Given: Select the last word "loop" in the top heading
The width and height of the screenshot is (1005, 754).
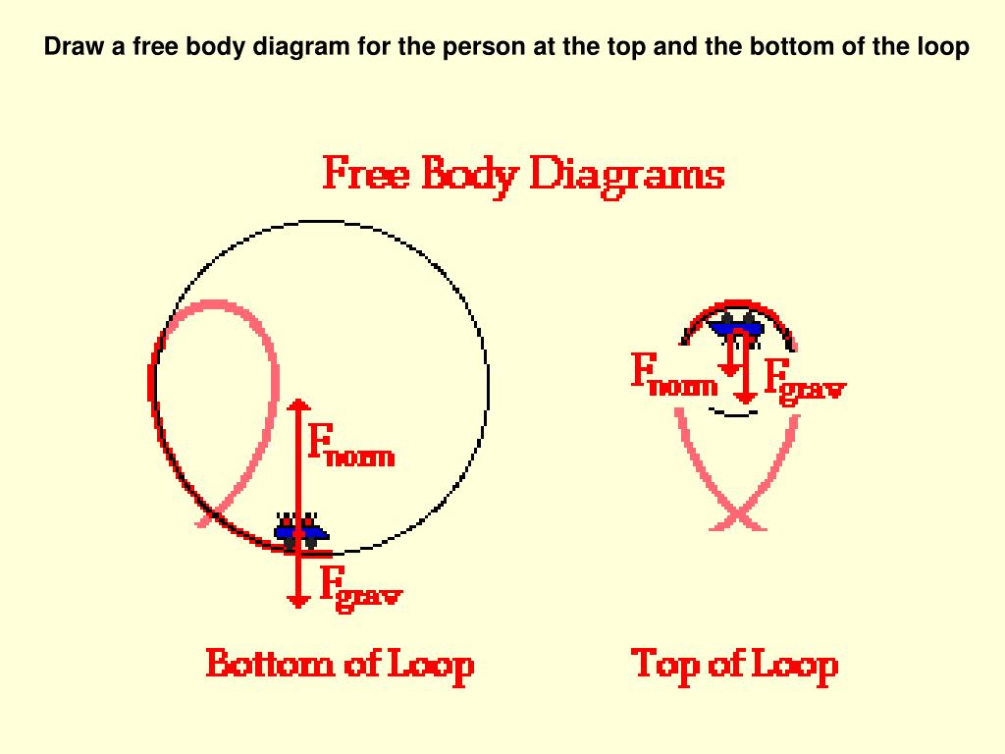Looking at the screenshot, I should (x=944, y=48).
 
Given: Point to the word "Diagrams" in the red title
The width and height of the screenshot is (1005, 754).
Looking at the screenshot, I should (x=627, y=178).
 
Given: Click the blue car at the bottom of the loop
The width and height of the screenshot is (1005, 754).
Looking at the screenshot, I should (x=300, y=531).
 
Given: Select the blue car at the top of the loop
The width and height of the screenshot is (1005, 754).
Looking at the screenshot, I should (x=738, y=327).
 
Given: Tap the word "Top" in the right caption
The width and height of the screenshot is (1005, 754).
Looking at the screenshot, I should (x=664, y=665).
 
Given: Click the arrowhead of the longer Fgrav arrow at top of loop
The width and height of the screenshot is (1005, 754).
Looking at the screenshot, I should (x=746, y=397).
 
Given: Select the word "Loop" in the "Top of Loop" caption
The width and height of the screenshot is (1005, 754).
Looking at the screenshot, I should (x=794, y=665).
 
